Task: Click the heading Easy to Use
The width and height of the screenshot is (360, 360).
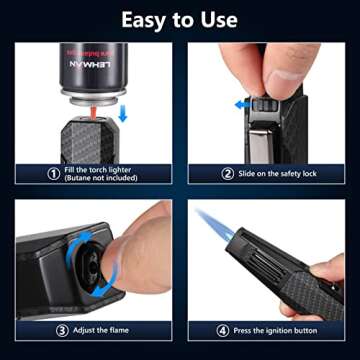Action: coord(180,19)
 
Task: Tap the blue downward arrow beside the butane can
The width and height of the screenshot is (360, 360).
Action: coord(122,114)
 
